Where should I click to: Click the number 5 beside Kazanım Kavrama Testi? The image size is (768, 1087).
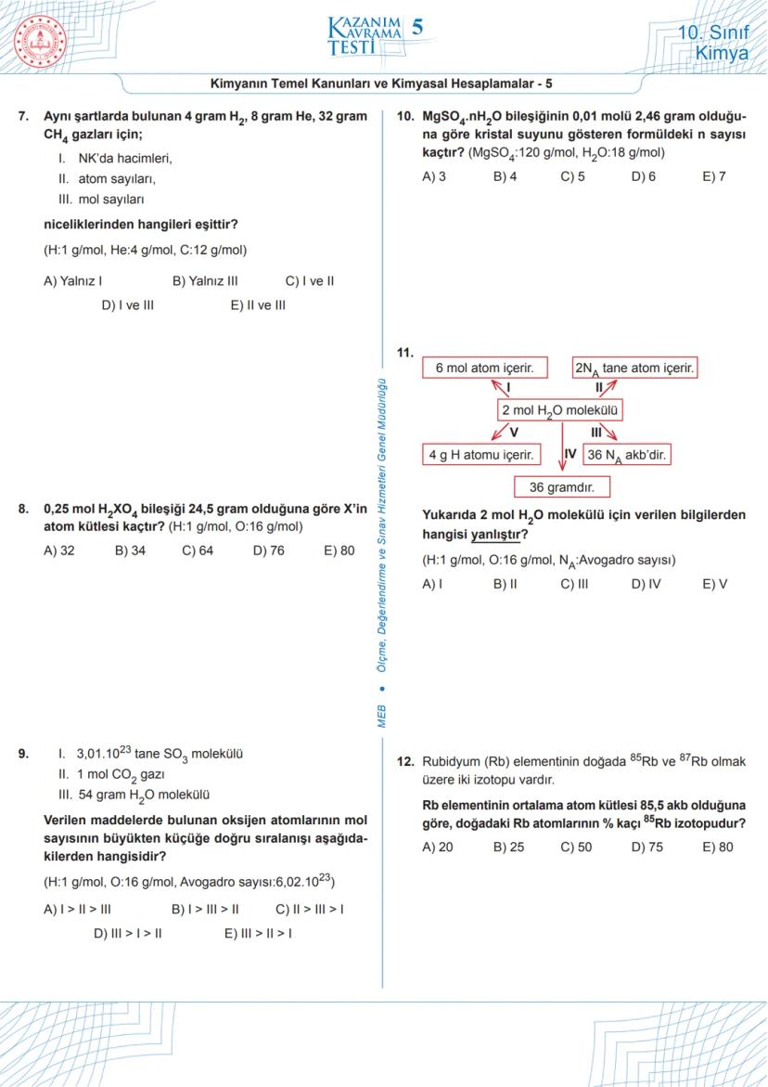coord(417,29)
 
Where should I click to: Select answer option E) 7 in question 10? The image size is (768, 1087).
coord(714,176)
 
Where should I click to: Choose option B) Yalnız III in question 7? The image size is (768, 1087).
coord(205,280)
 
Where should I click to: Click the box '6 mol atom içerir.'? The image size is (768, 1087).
coord(485,368)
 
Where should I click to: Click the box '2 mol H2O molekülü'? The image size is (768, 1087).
coord(560,410)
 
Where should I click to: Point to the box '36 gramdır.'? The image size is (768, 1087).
coord(562,486)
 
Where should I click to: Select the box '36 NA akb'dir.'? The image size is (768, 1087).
coord(627,455)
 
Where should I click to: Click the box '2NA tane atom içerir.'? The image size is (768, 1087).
coord(634,368)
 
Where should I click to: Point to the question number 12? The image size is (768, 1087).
coord(404,761)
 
